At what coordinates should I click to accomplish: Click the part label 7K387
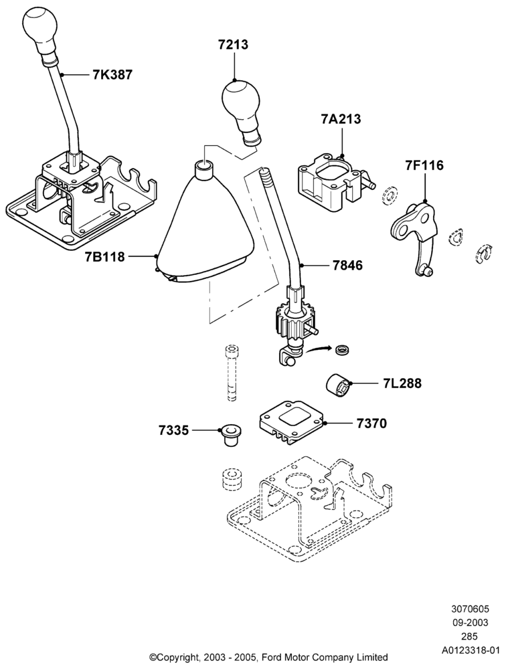click(x=112, y=75)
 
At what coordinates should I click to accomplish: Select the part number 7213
click(x=233, y=44)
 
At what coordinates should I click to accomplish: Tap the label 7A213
click(x=341, y=118)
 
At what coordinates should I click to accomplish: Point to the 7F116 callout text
click(x=424, y=165)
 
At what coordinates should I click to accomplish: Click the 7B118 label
click(x=105, y=257)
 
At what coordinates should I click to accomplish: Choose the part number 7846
click(x=347, y=266)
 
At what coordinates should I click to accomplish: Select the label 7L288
click(x=402, y=383)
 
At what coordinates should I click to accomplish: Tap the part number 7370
click(x=371, y=423)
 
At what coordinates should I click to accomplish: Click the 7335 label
click(x=173, y=430)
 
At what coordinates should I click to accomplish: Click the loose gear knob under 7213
click(x=240, y=111)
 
